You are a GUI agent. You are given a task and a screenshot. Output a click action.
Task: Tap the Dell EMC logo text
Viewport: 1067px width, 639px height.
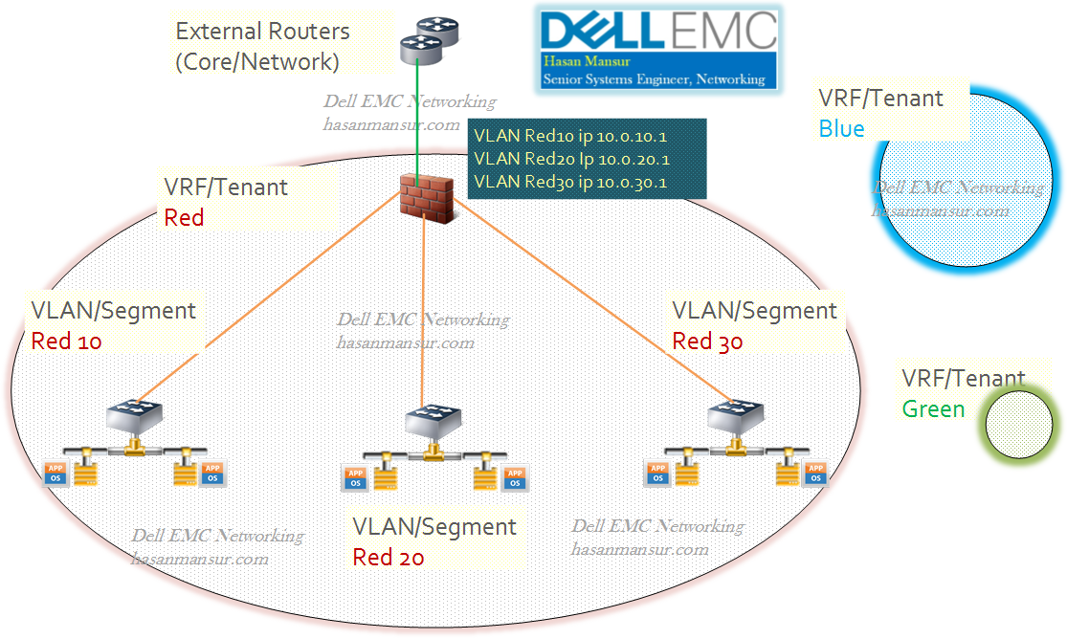pos(658,30)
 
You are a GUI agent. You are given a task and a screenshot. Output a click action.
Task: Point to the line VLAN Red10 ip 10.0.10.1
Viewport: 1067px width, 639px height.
pos(571,136)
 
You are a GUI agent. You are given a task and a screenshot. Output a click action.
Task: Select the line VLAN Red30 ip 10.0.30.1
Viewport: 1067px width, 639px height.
pos(571,182)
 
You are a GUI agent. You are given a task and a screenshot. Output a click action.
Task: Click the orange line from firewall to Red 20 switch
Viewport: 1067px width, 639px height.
pos(423,306)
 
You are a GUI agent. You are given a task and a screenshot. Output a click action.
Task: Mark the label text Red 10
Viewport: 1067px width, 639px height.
pos(66,341)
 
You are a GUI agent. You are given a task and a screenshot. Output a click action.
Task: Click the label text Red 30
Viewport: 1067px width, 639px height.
pos(707,342)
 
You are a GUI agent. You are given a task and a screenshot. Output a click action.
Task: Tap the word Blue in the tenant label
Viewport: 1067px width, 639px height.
pos(841,128)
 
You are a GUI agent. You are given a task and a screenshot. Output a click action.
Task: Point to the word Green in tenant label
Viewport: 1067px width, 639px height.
pos(934,408)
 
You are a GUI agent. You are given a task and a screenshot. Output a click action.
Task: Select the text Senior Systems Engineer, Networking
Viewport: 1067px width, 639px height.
pos(654,79)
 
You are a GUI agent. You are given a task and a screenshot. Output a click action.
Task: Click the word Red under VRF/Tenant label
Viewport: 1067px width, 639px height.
pos(185,217)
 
